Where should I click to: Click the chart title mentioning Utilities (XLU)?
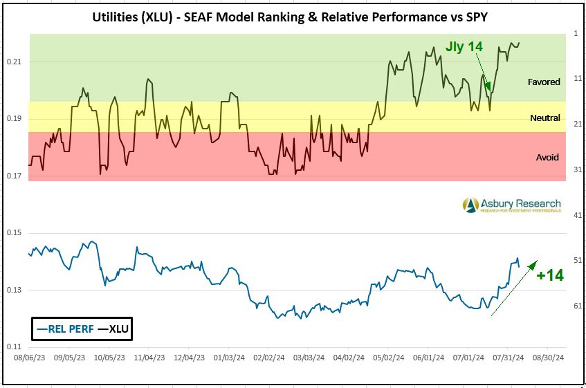tap(293, 16)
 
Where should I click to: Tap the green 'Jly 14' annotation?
tap(464, 47)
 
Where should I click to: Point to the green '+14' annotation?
tap(551, 275)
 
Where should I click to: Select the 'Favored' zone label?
tap(544, 82)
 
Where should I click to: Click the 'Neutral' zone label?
tap(545, 118)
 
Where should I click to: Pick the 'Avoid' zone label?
tap(547, 157)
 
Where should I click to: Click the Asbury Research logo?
tap(512, 205)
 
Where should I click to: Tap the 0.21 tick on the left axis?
tap(15, 62)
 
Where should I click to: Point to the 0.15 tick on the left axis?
tap(15, 233)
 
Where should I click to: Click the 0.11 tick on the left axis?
tap(15, 347)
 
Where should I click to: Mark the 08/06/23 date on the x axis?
tap(28, 359)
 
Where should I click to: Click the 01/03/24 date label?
tap(229, 359)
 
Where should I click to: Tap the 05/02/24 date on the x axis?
tap(388, 359)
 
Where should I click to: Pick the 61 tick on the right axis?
tap(577, 306)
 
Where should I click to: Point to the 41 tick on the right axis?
tap(577, 215)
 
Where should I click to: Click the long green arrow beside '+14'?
tap(514, 288)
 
